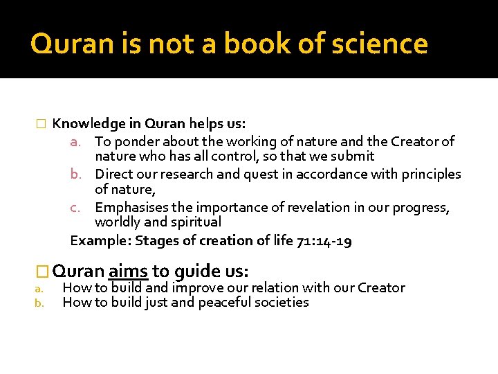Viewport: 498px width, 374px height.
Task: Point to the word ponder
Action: [x=136, y=141]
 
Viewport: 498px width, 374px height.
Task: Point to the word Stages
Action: [x=156, y=240]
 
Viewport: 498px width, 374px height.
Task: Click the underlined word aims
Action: [x=128, y=270]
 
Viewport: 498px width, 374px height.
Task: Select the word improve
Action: [x=199, y=287]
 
